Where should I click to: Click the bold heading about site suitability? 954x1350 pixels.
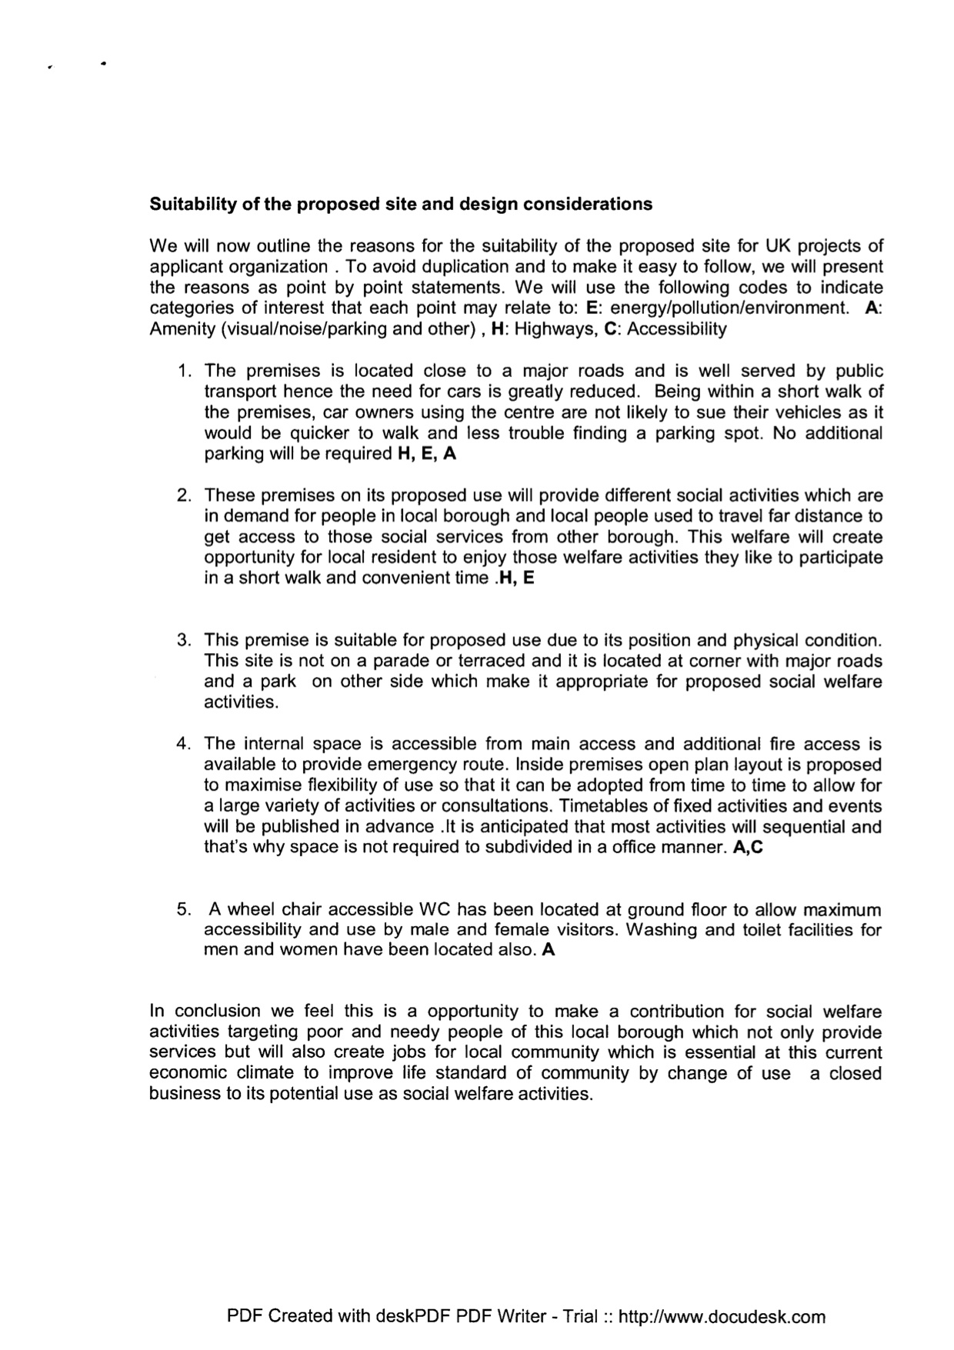[x=400, y=205]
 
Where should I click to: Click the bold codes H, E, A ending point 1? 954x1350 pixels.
[x=426, y=454]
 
